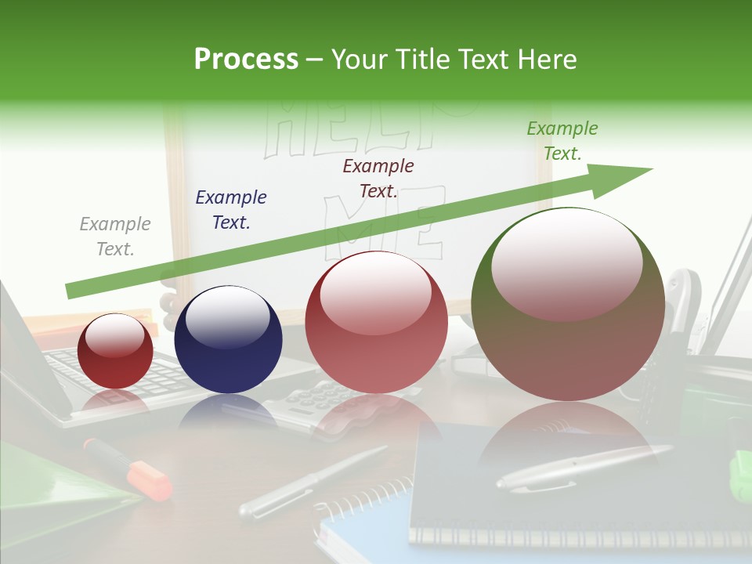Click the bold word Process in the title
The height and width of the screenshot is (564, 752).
pyautogui.click(x=246, y=60)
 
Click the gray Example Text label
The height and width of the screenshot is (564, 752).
pyautogui.click(x=115, y=237)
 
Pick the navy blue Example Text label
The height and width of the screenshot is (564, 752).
pyautogui.click(x=231, y=210)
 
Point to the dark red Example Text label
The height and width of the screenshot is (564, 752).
pyautogui.click(x=378, y=179)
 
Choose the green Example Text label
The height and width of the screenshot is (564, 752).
pyautogui.click(x=562, y=141)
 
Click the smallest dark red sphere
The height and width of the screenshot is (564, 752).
pyautogui.click(x=115, y=351)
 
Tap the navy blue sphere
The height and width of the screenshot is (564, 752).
pyautogui.click(x=228, y=339)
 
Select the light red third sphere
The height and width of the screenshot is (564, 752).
pyautogui.click(x=376, y=322)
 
